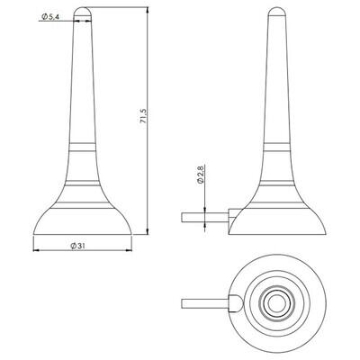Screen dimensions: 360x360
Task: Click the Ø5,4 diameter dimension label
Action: pos(50,17)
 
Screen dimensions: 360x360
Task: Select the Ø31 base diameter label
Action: pos(78,246)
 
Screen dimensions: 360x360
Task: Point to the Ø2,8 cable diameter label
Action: pos(201,175)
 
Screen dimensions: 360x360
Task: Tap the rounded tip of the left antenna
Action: pos(82,12)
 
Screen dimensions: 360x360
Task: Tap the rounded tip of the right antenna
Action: pos(276,12)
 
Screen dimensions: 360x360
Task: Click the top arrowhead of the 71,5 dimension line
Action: pos(148,11)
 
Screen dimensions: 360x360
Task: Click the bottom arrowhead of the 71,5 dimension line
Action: pos(148,230)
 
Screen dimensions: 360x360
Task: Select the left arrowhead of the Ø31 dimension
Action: pos(36,250)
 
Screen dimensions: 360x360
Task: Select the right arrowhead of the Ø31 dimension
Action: pos(128,250)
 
